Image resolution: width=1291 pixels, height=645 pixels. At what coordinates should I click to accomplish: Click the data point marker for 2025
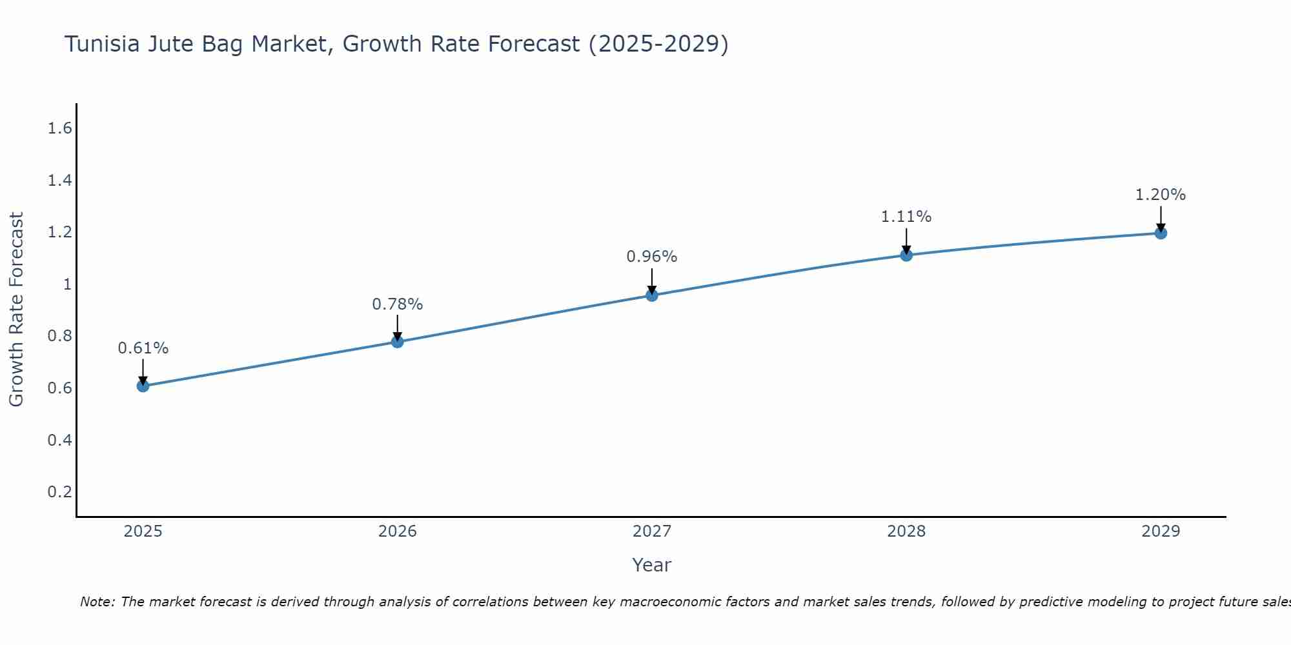(143, 386)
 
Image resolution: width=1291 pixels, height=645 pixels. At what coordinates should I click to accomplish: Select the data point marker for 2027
(652, 295)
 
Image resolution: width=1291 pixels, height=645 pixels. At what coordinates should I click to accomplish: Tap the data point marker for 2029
(1161, 233)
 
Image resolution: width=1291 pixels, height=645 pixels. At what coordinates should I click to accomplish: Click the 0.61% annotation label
(143, 348)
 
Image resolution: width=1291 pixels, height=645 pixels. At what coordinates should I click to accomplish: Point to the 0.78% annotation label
(397, 304)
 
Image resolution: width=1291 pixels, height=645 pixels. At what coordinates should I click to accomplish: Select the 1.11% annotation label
(906, 217)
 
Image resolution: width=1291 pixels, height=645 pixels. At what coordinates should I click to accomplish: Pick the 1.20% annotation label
(1161, 195)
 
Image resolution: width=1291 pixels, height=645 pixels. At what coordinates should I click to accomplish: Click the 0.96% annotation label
(652, 257)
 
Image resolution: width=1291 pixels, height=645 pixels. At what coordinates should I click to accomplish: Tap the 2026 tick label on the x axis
(397, 531)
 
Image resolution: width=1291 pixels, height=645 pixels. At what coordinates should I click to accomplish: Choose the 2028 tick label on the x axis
(906, 531)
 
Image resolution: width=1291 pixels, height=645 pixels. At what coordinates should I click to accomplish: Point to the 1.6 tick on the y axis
(59, 128)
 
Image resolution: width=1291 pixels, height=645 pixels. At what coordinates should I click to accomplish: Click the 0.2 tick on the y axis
(59, 492)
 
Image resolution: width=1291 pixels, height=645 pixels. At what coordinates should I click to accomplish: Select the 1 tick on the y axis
(66, 284)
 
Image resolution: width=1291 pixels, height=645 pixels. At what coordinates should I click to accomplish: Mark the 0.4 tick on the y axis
(59, 441)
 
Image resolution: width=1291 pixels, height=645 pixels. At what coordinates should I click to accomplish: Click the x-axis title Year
(652, 565)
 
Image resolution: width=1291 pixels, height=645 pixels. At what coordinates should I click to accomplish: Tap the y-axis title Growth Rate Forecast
(16, 310)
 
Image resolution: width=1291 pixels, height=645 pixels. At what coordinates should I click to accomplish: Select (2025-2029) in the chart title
(658, 44)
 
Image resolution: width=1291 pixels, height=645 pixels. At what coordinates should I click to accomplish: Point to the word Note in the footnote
(97, 602)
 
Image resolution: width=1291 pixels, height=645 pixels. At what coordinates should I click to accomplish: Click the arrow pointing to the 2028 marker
(906, 242)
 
